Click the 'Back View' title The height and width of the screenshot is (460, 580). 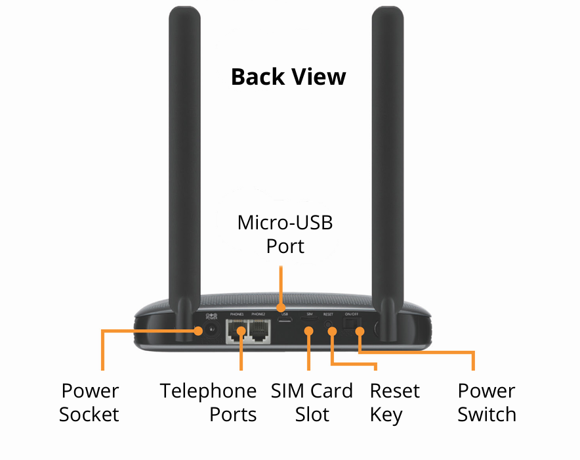[288, 77]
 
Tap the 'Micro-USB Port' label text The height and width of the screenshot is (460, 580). [285, 234]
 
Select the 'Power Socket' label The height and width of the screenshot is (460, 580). [89, 403]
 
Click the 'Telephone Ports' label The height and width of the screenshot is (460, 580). [209, 403]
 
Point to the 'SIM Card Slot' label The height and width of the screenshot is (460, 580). [312, 403]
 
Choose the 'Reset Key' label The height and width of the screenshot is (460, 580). [394, 403]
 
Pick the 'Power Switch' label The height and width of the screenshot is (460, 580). [487, 403]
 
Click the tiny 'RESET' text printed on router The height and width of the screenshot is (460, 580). [329, 314]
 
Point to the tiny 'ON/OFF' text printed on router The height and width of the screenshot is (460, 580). [352, 314]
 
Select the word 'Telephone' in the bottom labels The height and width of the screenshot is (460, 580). [209, 391]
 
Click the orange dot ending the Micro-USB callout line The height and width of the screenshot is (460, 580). [281, 307]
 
